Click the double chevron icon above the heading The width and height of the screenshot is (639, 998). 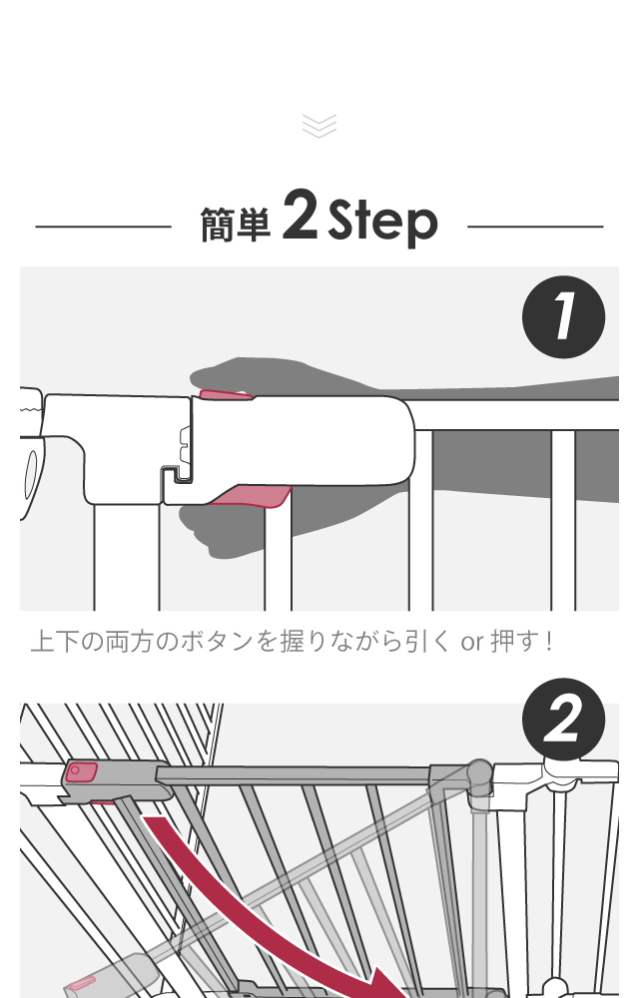point(319,126)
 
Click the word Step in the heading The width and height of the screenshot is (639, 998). point(382,222)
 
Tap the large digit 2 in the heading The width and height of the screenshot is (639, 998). point(300,214)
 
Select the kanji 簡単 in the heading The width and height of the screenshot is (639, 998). point(236,225)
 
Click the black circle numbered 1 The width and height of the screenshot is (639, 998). point(563,317)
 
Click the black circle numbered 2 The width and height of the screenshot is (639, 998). point(563,720)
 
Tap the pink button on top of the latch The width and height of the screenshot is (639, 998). point(226,394)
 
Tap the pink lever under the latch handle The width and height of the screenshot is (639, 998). point(252,496)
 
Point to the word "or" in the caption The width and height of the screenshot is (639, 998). point(472,642)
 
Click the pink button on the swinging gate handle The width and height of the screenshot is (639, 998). point(81,772)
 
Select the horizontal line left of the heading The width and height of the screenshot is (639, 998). point(103,226)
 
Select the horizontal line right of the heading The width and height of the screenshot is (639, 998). point(535,226)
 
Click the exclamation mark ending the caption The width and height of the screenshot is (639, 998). point(548,641)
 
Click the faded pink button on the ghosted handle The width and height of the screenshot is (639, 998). point(82,984)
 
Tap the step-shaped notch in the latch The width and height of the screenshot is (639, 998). point(176,475)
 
